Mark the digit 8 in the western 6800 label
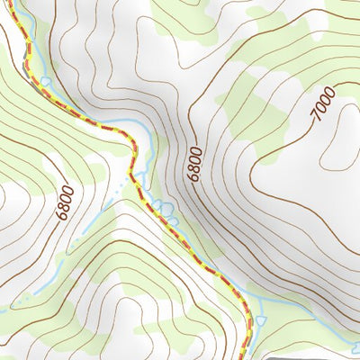64,204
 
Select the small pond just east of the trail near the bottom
261,319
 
